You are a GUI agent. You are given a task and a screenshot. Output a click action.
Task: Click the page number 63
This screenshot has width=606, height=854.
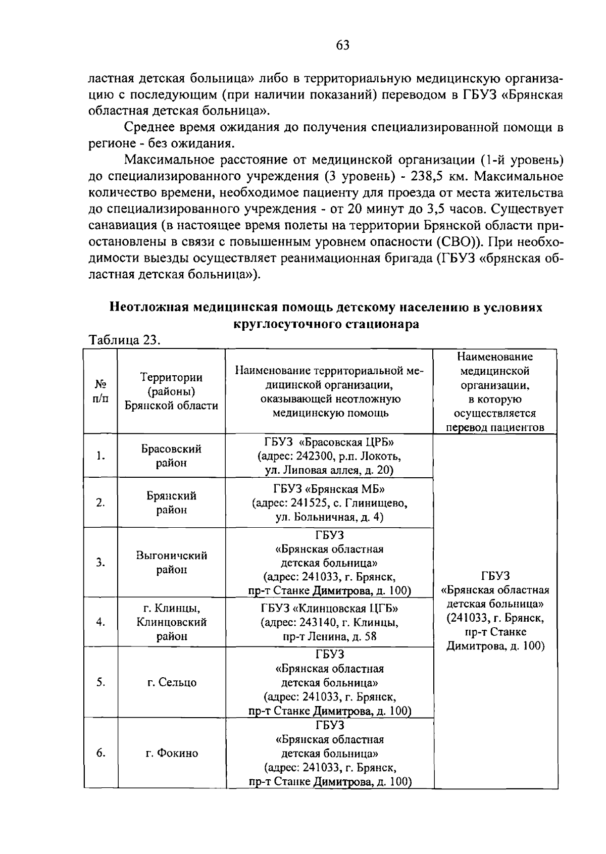342,46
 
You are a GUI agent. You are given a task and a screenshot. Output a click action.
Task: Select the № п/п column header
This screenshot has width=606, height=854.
100,391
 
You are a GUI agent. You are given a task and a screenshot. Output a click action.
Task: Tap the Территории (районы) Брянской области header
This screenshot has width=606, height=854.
171,391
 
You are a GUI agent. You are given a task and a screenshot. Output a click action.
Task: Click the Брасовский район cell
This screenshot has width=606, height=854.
171,456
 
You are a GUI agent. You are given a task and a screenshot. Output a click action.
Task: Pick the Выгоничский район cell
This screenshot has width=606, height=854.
171,562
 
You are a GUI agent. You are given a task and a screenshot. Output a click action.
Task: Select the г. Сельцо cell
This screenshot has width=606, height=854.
171,682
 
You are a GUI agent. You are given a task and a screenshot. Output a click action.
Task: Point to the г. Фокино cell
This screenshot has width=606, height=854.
171,753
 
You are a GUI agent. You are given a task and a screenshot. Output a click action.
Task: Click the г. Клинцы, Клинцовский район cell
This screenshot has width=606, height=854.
171,622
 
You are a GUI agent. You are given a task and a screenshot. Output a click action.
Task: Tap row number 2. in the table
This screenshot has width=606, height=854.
100,503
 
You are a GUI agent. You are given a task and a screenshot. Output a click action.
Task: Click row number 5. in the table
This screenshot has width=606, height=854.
100,682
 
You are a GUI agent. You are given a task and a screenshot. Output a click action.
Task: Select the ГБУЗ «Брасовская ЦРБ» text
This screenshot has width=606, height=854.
329,442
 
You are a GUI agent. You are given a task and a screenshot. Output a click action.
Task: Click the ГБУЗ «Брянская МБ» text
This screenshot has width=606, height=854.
329,489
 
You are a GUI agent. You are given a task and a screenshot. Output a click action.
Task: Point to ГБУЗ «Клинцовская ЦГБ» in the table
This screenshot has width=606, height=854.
329,608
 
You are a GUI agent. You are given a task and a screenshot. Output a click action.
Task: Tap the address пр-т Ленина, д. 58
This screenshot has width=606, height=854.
330,636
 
